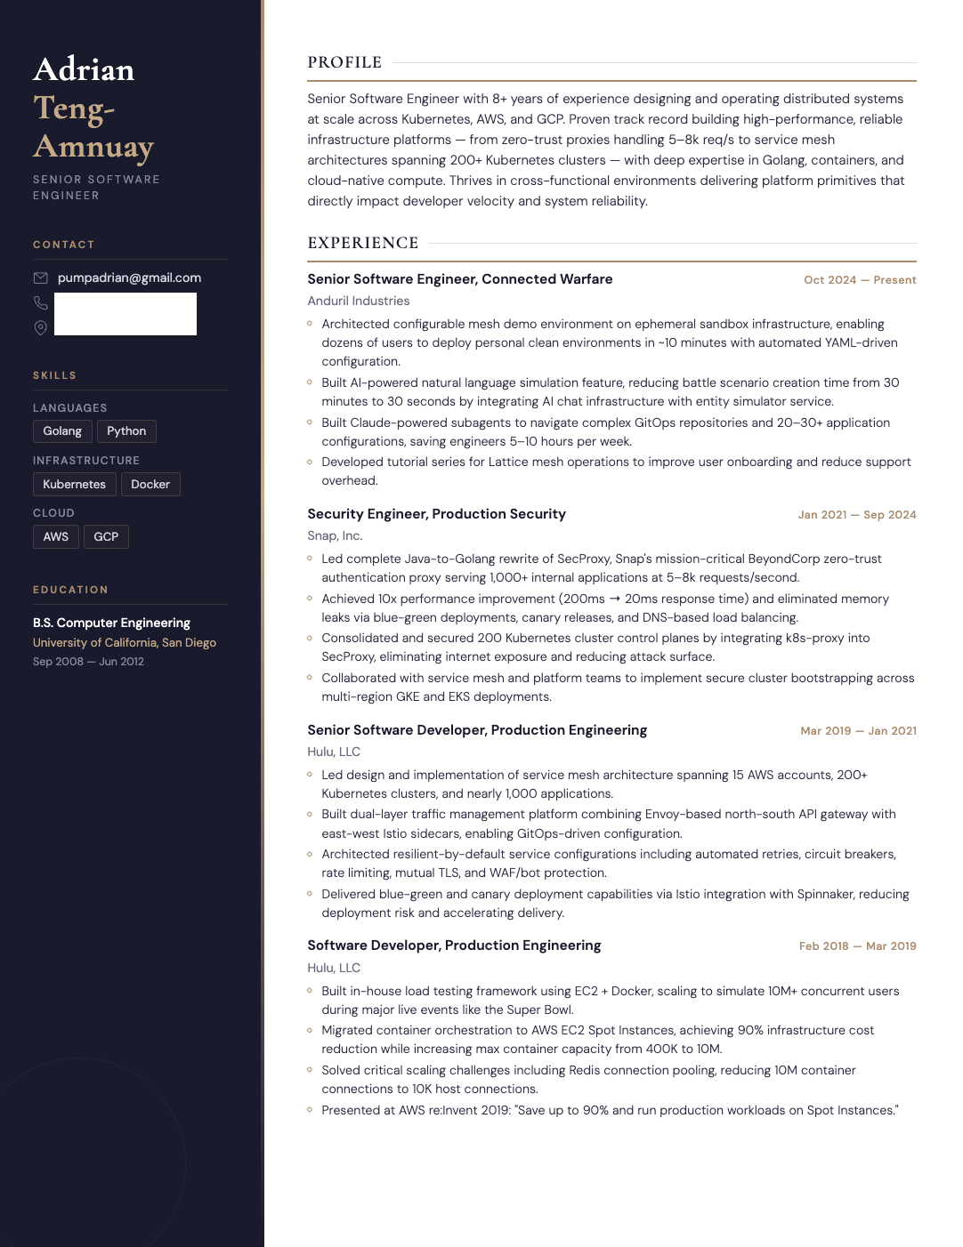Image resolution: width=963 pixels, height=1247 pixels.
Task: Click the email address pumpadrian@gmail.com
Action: (x=129, y=278)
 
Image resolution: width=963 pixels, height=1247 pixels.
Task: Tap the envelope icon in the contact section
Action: (x=41, y=278)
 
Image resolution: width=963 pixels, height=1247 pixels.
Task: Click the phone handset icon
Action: (x=41, y=302)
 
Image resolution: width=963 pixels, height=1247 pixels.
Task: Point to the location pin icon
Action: (x=41, y=327)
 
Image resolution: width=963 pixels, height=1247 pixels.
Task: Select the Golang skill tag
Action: (x=62, y=431)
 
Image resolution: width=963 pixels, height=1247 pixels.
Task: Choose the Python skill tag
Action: (x=126, y=431)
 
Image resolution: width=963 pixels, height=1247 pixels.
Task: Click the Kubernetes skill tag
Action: (x=74, y=484)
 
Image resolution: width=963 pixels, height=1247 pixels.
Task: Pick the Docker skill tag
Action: (x=150, y=484)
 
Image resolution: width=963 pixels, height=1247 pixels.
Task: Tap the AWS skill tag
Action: (x=56, y=536)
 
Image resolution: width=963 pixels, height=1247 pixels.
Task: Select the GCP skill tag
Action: (x=106, y=536)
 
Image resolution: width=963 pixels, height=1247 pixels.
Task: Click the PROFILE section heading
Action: (x=344, y=62)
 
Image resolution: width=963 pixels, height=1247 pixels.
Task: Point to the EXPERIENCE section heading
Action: (x=363, y=243)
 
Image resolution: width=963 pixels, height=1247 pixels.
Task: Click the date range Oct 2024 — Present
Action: (x=860, y=280)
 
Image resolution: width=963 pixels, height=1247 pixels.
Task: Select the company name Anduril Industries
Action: (x=359, y=301)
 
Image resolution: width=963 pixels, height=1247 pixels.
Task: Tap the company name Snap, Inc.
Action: (x=335, y=535)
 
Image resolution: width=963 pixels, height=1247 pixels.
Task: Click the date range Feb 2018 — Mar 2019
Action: (x=857, y=946)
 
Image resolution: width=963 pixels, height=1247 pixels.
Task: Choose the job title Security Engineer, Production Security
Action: (x=436, y=514)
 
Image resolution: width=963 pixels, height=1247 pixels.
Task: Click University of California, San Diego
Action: (x=125, y=642)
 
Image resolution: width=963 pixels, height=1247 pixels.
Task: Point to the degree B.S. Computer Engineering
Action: (x=111, y=623)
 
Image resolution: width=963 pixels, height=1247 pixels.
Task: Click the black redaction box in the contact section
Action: (x=125, y=314)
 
